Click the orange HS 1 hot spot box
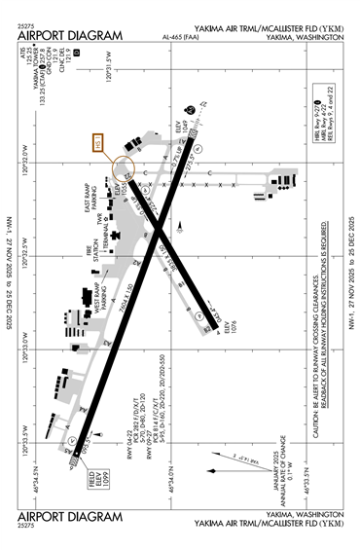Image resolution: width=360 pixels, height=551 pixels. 96,143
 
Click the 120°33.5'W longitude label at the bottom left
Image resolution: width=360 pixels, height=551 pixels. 24,444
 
